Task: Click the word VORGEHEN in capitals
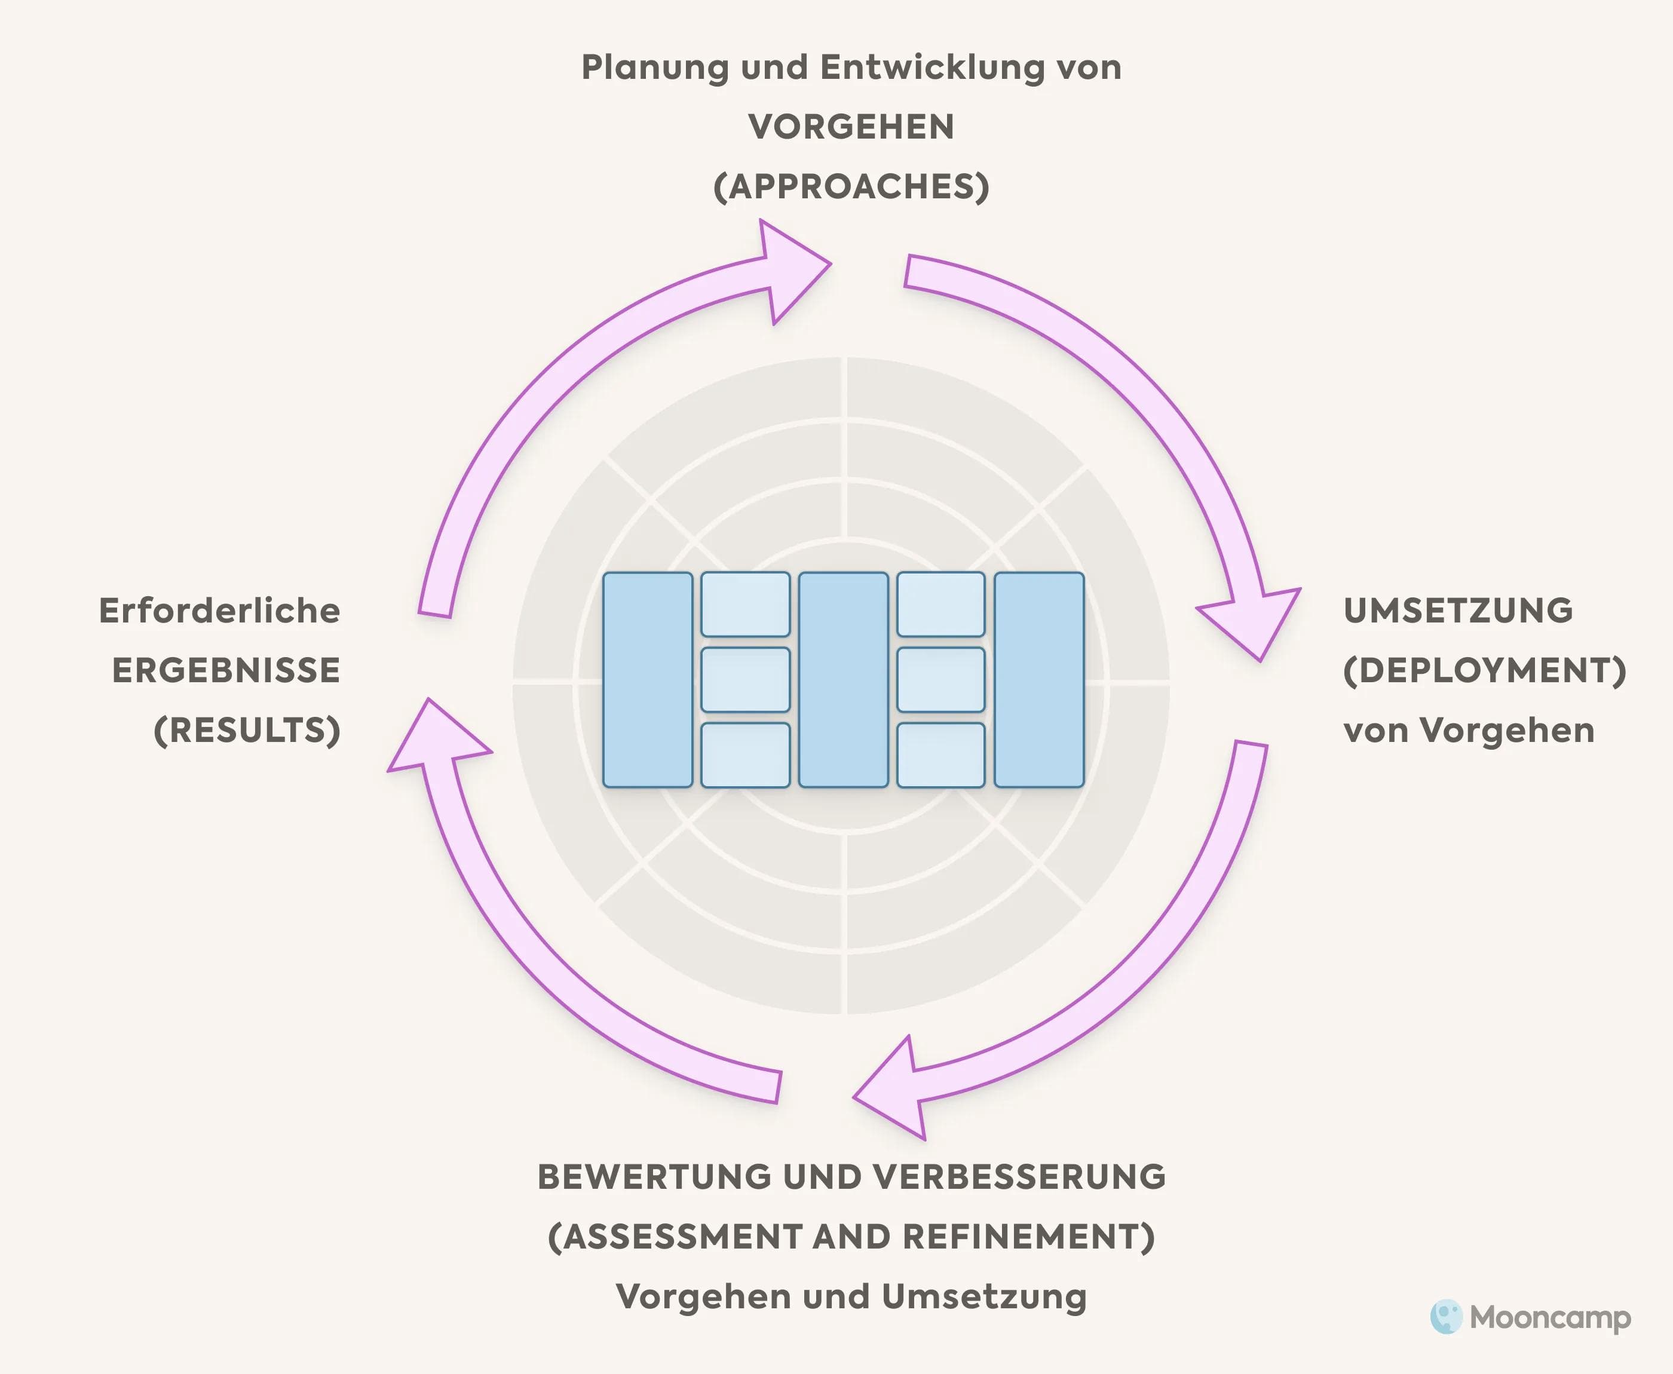851,127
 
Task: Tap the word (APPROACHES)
851,187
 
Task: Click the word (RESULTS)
247,730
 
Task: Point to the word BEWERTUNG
655,1177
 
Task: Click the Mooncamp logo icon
1446,1317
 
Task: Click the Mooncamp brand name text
1549,1318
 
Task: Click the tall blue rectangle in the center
843,679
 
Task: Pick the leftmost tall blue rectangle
647,679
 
